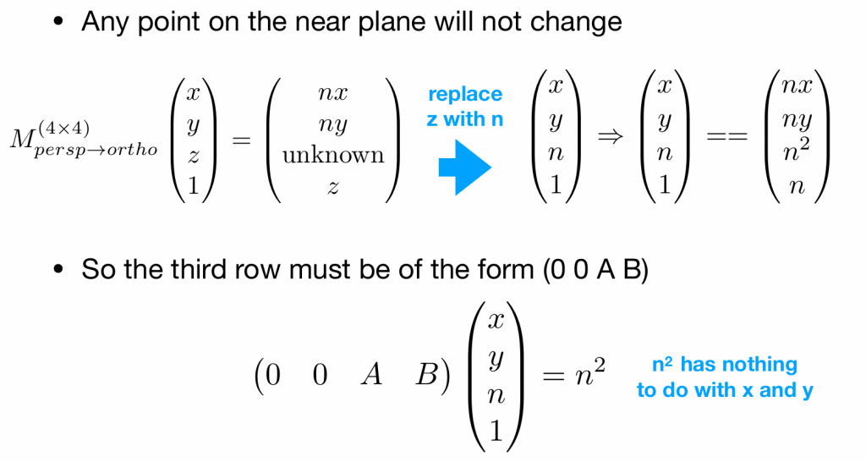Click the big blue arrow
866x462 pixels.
464,167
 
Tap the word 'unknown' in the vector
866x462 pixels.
333,156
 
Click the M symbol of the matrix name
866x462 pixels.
23,139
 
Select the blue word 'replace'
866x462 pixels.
465,95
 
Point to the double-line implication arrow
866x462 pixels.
611,136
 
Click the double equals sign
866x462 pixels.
727,136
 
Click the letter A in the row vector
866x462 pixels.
371,375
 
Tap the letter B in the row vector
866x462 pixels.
427,375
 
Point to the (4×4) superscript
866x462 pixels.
63,129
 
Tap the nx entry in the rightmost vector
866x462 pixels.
797,86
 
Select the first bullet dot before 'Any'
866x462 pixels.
59,23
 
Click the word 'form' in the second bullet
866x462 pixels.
507,269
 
